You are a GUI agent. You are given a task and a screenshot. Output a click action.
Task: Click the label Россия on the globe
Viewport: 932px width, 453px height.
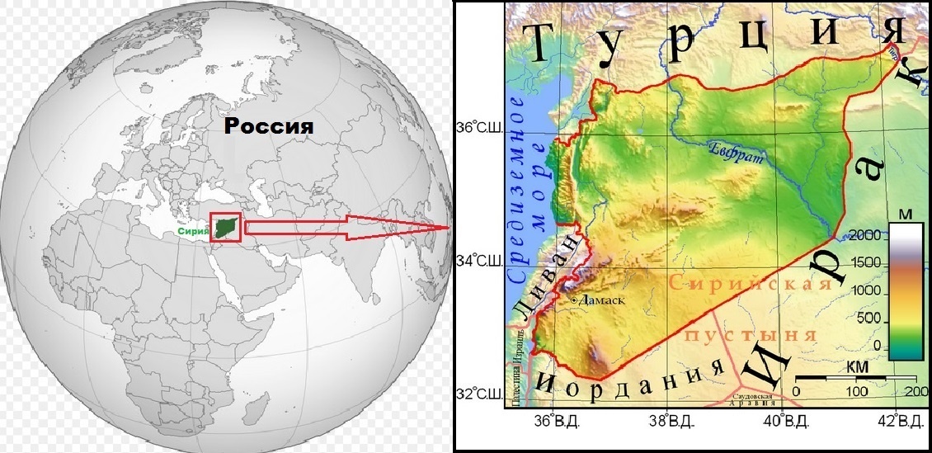click(271, 127)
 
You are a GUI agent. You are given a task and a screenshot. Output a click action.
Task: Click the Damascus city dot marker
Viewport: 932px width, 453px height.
click(574, 302)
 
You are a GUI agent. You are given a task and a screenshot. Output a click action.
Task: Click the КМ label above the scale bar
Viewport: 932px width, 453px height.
click(854, 366)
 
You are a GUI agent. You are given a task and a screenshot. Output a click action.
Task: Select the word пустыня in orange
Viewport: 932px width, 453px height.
click(750, 334)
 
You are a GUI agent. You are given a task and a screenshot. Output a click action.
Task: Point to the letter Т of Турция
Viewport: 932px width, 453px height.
click(546, 41)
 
